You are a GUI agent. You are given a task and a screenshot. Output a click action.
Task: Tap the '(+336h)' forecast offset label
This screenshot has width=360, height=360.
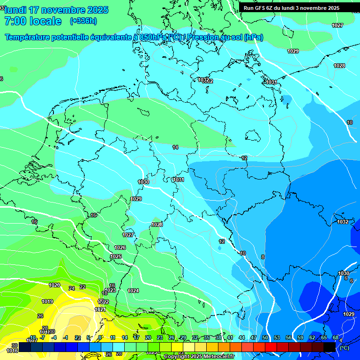[x=83, y=21]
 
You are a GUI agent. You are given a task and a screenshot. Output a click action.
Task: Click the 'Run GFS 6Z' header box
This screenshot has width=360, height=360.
[x=292, y=8]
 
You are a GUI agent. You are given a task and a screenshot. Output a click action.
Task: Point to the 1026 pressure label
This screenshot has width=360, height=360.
[x=120, y=247]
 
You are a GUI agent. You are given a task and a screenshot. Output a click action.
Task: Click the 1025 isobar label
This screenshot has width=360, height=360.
[x=116, y=256]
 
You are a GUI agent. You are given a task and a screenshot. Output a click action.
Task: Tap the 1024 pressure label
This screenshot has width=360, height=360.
[x=133, y=291]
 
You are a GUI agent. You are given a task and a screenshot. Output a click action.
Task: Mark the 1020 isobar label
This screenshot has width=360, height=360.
[x=54, y=285]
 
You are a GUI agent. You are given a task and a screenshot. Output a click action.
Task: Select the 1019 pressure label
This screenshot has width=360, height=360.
[x=47, y=301]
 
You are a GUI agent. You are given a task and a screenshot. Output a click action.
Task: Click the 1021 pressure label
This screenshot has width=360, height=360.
[x=100, y=309]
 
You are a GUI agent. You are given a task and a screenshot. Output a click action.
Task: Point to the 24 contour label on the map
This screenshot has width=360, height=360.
[x=72, y=288]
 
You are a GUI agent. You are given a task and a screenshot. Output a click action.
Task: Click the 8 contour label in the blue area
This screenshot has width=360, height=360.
[x=263, y=257]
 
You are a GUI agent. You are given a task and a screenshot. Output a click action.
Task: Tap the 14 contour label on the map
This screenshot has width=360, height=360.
[x=175, y=147]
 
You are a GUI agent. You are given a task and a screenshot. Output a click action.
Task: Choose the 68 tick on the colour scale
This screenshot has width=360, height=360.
[x=336, y=337]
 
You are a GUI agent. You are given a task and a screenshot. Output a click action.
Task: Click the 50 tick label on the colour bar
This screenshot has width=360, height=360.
[x=265, y=337]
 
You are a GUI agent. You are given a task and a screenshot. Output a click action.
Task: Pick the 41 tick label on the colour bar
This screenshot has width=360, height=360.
[x=230, y=337]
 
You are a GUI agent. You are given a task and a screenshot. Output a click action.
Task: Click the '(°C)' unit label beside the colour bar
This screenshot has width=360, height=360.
[x=345, y=348]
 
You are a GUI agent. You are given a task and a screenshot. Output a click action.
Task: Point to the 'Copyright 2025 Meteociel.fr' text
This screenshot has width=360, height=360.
[x=199, y=357]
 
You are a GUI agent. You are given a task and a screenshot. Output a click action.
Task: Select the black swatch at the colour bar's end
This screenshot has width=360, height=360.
[x=330, y=347]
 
